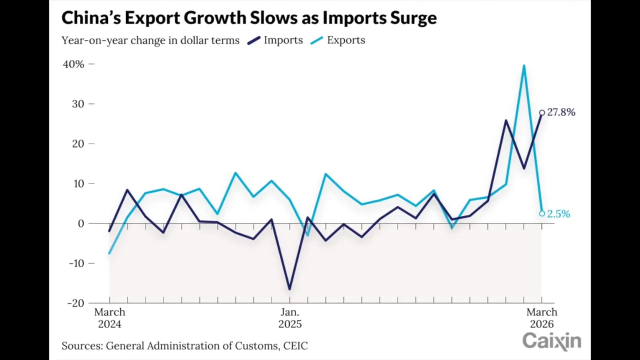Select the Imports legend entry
pos(283,40)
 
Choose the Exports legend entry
pos(345,40)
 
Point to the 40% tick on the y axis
pos(73,64)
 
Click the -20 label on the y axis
pos(75,303)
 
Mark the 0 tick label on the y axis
pos(81,223)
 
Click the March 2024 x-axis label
pos(109,318)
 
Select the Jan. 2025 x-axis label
pos(290,318)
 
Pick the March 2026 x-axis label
pos(541,318)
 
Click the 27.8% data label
pos(561,112)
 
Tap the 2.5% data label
pos(558,214)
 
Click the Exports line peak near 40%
pos(523,66)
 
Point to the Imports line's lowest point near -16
pos(289,288)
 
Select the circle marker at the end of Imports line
pos(542,112)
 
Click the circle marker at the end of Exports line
pos(542,213)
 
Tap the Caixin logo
pos(551,341)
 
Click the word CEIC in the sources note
pos(295,345)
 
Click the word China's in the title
pos(90,17)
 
